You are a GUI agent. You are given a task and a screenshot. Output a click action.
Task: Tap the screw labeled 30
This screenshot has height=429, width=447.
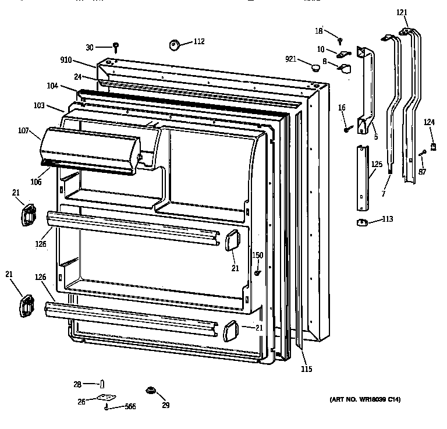(x=116, y=45)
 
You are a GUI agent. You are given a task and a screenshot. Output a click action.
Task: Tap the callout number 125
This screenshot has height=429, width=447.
(x=377, y=165)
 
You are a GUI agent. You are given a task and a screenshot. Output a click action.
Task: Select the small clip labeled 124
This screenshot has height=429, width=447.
(x=432, y=146)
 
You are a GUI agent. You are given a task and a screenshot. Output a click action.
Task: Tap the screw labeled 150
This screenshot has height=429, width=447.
(x=257, y=272)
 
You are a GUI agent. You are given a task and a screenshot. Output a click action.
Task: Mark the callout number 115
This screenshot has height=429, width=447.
(x=306, y=369)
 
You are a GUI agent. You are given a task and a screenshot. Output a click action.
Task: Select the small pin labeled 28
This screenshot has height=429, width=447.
(x=102, y=383)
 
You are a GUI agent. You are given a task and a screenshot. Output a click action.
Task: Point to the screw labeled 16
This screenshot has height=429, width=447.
(x=346, y=129)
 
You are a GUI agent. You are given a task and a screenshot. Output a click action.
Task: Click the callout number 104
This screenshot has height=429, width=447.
(x=53, y=86)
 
